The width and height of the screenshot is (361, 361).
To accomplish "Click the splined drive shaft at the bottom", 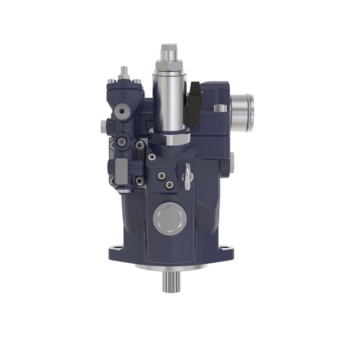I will [171, 283].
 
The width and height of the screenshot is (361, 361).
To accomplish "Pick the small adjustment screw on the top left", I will [124, 72].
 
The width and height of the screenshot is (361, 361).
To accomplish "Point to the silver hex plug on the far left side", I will [103, 125].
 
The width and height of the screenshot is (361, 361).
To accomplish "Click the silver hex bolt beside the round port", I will [220, 108].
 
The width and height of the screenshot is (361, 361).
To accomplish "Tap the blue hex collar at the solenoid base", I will [170, 137].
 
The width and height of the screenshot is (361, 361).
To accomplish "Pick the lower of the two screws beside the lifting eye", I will [169, 184].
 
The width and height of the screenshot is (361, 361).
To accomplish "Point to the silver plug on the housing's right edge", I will [232, 162].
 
